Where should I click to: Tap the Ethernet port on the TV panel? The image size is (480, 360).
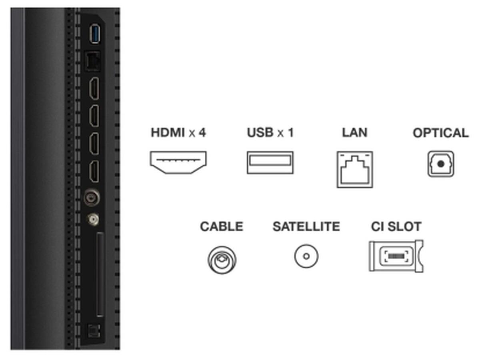coord(93,62)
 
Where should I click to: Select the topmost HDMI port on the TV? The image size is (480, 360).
coord(94,89)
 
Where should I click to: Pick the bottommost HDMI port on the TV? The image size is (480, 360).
coord(94,171)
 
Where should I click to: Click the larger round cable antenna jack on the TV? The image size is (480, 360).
coord(92,198)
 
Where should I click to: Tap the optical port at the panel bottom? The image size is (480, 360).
coord(93,331)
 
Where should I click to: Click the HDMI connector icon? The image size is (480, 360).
coord(178,162)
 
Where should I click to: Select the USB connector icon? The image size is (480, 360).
coord(270,162)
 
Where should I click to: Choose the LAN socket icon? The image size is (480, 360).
coord(355,169)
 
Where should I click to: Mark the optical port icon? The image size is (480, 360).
coord(440,163)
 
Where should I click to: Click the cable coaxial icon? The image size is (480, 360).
coord(222,260)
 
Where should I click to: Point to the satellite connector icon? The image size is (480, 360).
coord(306,256)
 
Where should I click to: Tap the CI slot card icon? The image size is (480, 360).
coord(396,256)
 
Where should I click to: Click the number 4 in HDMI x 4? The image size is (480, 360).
coord(202,132)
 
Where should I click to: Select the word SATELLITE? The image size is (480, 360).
coord(306,227)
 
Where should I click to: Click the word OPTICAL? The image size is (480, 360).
coord(440,133)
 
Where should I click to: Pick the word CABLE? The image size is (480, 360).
coord(222,227)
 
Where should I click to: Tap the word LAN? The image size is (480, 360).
coord(354,132)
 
